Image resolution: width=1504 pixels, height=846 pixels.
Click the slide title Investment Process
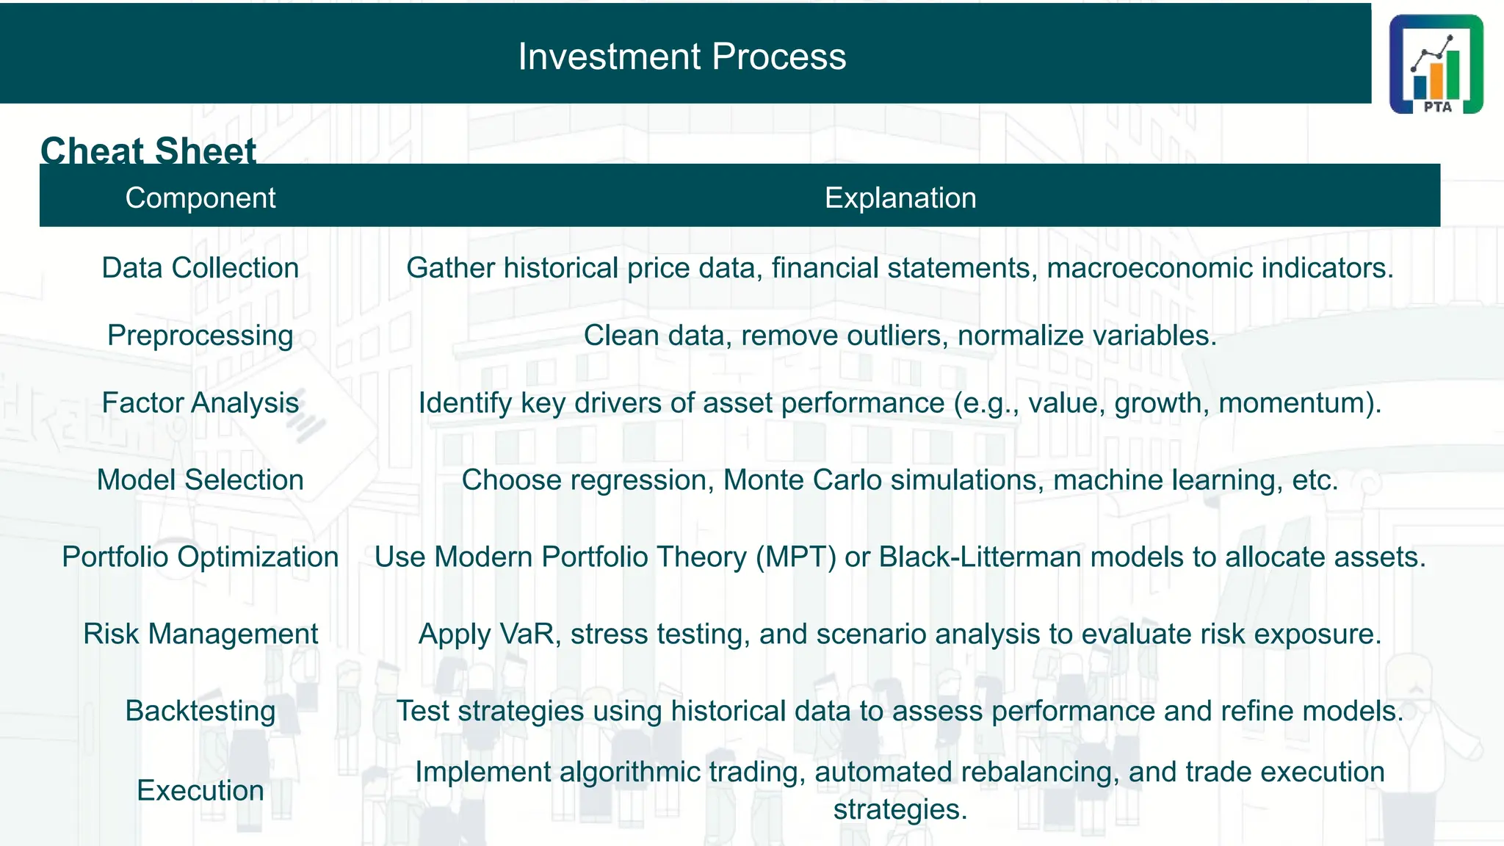681,57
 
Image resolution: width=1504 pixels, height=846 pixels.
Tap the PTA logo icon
1436,65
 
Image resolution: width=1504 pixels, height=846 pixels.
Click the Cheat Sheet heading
148,150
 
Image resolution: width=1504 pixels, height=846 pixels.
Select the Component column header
200,198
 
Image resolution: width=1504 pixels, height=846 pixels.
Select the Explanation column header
900,198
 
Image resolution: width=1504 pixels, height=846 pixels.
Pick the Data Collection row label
200,268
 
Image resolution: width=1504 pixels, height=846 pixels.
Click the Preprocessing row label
200,336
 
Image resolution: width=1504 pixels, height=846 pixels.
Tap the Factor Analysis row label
200,403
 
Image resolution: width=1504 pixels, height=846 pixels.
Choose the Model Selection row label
200,480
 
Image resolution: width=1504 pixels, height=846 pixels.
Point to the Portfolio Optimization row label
200,557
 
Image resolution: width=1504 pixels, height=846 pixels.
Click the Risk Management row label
200,634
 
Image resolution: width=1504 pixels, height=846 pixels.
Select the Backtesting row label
200,711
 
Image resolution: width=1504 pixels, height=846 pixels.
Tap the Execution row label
200,790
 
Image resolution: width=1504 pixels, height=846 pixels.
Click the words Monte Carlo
802,480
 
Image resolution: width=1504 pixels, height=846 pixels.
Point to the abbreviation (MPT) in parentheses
796,557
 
